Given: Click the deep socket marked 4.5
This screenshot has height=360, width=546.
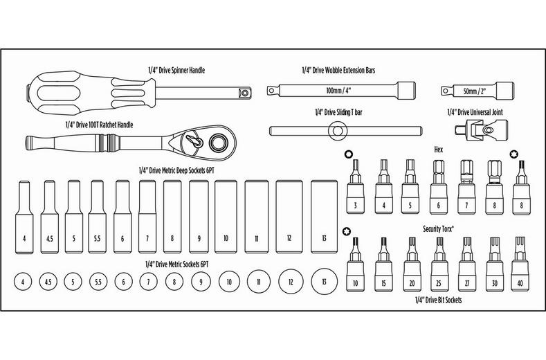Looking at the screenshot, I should point(50,218).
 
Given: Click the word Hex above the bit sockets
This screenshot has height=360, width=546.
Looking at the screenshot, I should point(437,149).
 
